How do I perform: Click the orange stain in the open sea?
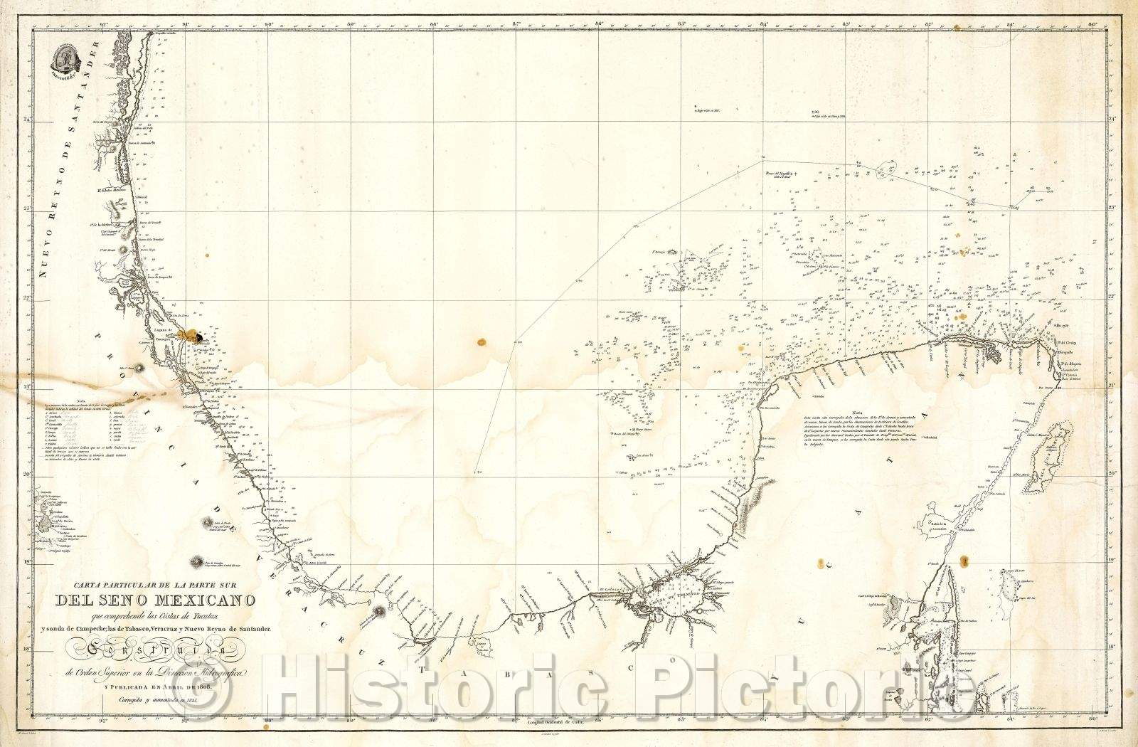482,343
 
